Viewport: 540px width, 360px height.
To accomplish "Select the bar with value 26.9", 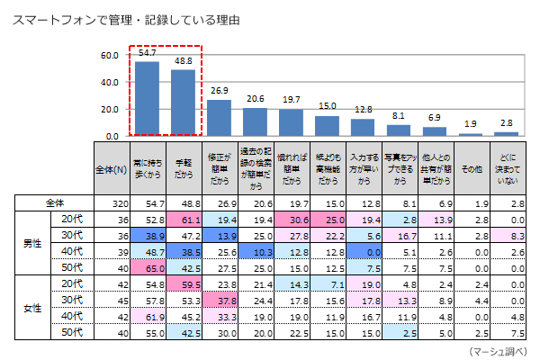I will [x=219, y=118].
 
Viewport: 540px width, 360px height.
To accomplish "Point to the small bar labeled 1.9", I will [x=470, y=135].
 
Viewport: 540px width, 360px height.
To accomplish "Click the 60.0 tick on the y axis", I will [x=110, y=56].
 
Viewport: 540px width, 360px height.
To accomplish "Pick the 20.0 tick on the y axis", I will [x=110, y=110].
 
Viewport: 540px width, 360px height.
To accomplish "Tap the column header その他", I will [x=470, y=168].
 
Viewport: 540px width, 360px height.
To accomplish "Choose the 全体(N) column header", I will [x=111, y=168].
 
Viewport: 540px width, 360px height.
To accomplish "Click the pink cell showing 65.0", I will [x=147, y=268].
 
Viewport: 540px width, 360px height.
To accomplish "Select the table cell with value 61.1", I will [x=183, y=218].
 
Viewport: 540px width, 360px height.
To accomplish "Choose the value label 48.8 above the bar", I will [x=183, y=61].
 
